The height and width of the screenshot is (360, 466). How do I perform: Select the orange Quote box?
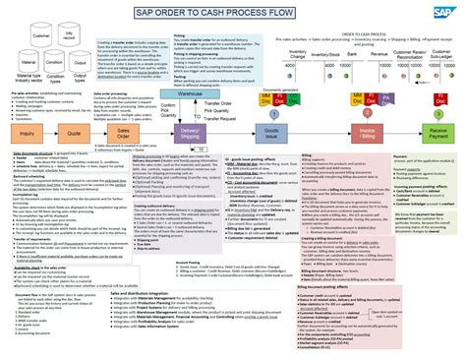(75, 133)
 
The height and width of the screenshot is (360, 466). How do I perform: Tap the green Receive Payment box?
(437, 133)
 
